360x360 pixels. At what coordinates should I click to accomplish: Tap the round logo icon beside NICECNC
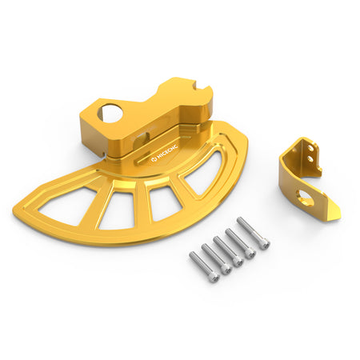click(154, 160)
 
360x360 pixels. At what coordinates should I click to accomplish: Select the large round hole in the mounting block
click(110, 114)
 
